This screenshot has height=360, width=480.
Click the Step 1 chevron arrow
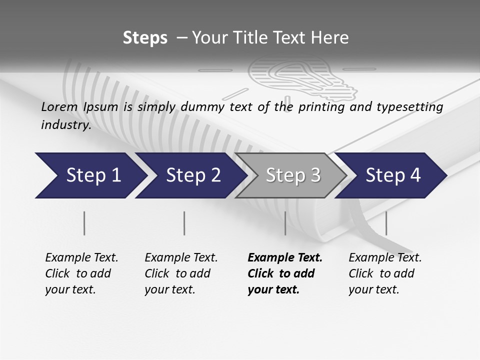click(x=90, y=175)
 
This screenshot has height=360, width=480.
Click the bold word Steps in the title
click(x=145, y=38)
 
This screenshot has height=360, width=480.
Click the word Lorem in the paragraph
click(x=59, y=106)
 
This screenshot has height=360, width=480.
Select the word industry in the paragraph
click(x=66, y=125)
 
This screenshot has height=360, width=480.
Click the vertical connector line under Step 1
click(x=84, y=223)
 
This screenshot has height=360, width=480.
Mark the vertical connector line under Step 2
click(x=184, y=223)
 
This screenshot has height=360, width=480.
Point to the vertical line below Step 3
click(x=285, y=223)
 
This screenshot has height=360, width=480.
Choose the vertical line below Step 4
click(x=386, y=223)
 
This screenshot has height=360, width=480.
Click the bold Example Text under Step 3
click(x=285, y=258)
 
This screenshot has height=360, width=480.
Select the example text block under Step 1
click(x=81, y=273)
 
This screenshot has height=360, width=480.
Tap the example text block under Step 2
click(x=181, y=273)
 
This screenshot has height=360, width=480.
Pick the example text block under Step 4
click(x=385, y=273)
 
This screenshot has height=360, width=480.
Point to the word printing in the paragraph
click(x=321, y=107)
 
